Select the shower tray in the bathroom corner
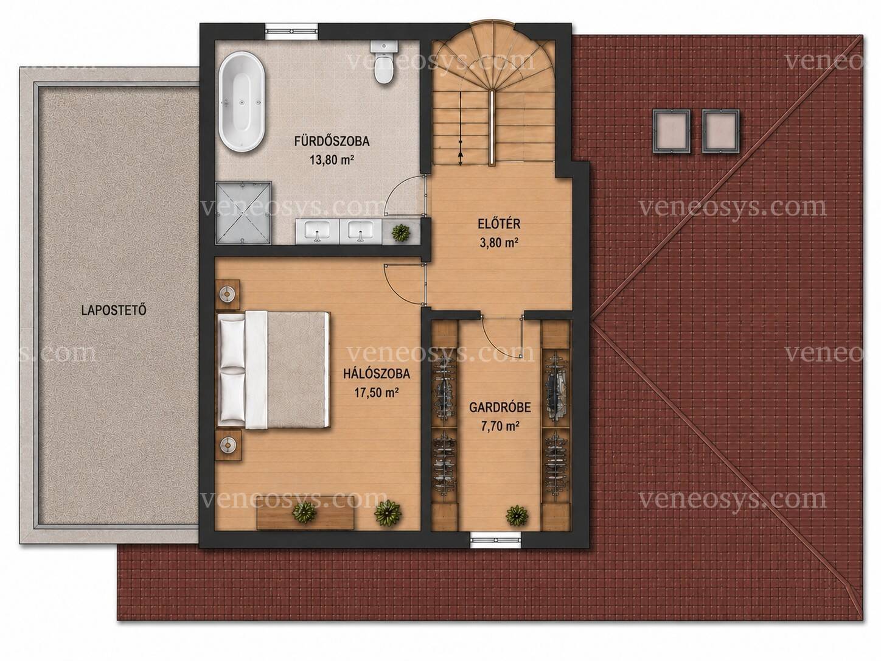pos(243,212)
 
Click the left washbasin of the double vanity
pos(317,231)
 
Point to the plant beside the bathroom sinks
pos(400,233)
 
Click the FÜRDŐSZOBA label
pos(332,141)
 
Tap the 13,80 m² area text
pos(332,161)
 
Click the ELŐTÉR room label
pos(499,223)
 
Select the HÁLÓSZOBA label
pos(376,374)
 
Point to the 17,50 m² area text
pos(376,393)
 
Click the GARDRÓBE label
pos(500,407)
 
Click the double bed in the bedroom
pos(273,371)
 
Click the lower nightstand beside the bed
pos(228,445)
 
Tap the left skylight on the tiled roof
pos(672,131)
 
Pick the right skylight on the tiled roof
pos(720,131)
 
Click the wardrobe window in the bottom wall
pos(495,540)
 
